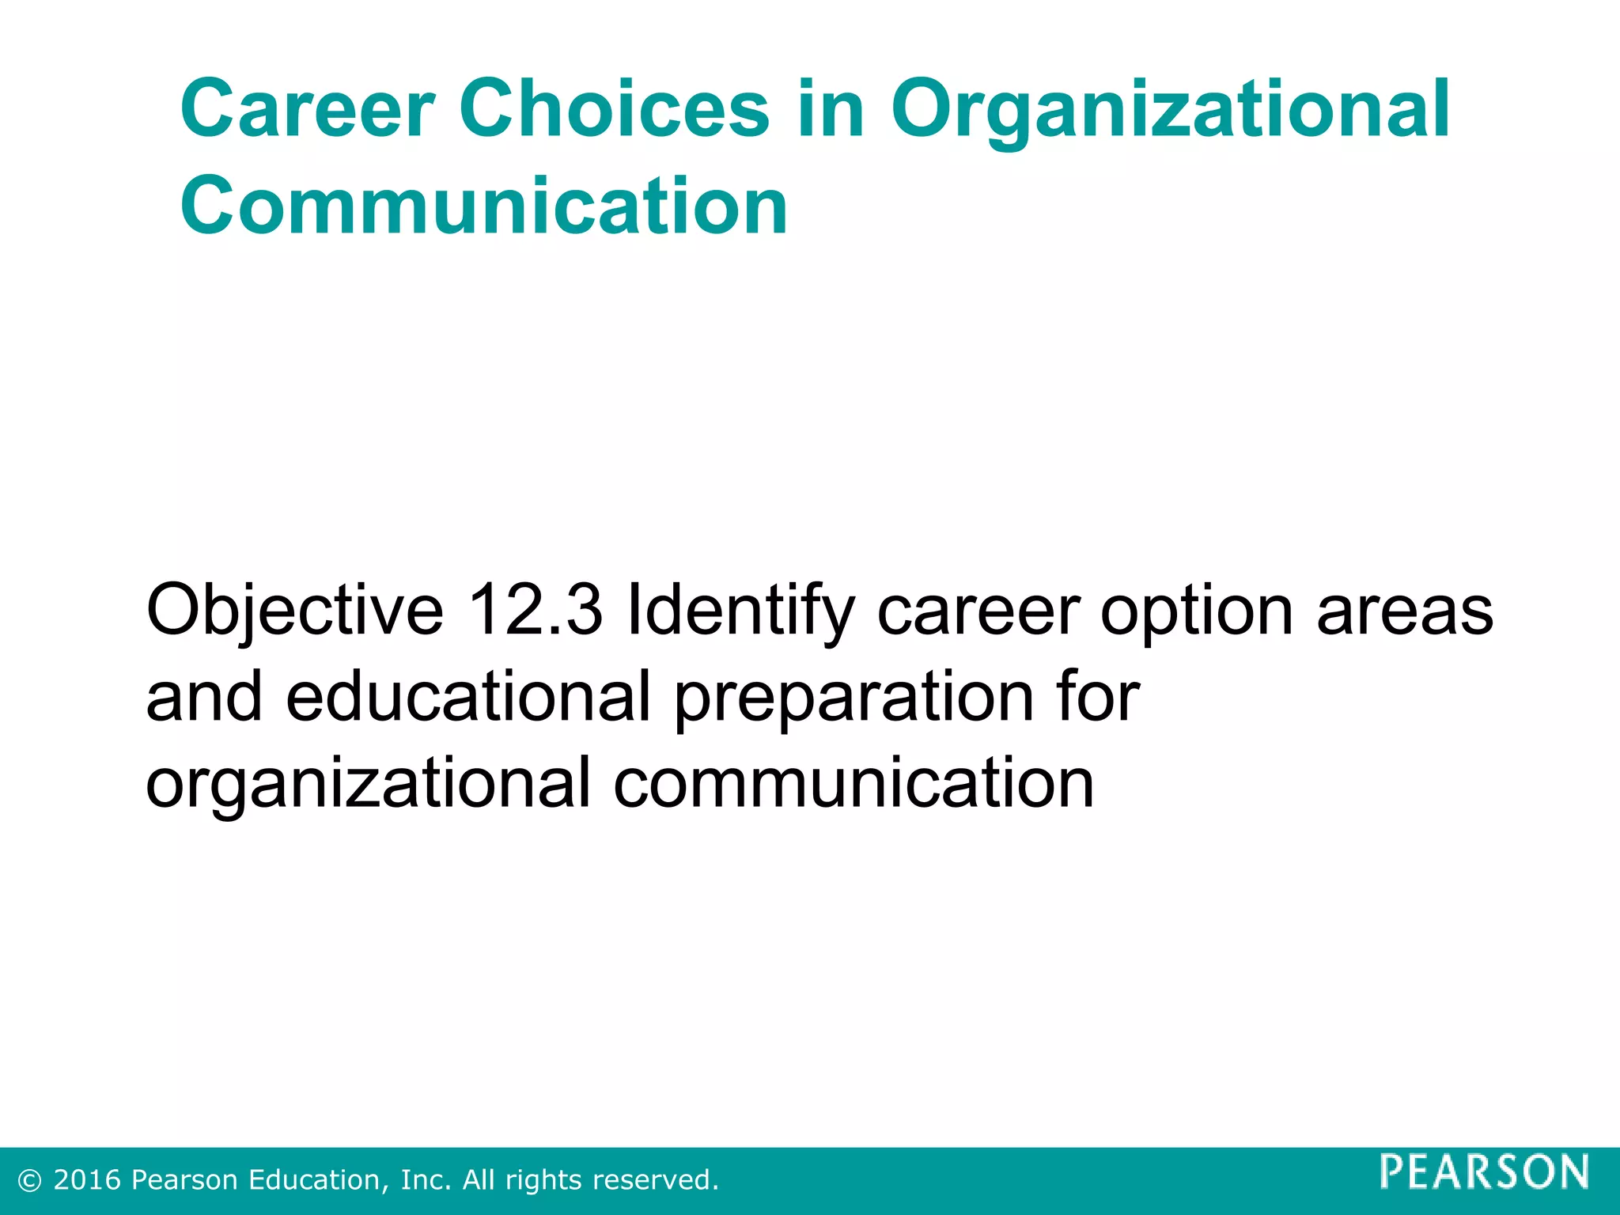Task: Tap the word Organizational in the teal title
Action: [1171, 111]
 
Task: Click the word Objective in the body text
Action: [295, 611]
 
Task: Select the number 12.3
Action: [536, 610]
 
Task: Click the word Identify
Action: [740, 611]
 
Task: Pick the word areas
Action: [1405, 611]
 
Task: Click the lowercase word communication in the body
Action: [854, 783]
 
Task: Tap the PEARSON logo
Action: [1484, 1171]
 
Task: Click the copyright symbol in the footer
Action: [30, 1181]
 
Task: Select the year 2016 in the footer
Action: [87, 1180]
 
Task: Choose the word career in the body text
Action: [978, 611]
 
